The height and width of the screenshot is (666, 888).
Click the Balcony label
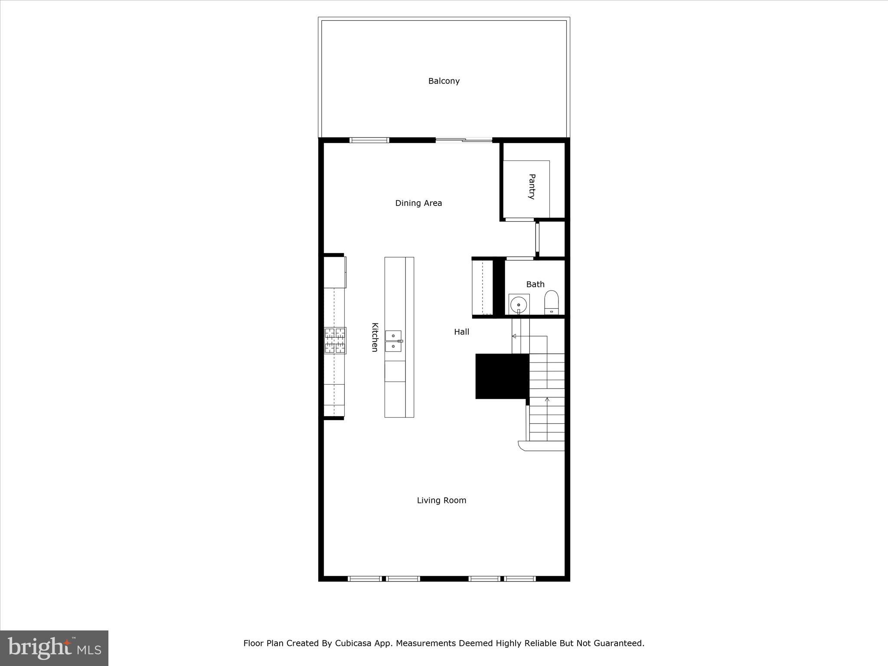(444, 81)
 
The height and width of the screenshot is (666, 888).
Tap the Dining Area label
(418, 203)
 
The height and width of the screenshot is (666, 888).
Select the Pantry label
(532, 186)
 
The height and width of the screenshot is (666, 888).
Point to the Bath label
(535, 284)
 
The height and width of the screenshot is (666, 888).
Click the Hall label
(461, 332)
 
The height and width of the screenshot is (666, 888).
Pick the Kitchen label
(375, 337)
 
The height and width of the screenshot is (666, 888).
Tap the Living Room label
(441, 500)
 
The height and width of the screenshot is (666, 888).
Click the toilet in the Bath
(551, 302)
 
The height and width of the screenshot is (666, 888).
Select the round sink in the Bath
(519, 305)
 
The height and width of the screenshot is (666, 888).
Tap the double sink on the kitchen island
(393, 341)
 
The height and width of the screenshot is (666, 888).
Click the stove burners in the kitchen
(335, 340)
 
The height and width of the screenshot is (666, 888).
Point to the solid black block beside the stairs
(502, 376)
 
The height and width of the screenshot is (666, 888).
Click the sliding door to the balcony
(464, 140)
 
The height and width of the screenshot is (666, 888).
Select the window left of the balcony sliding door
(369, 140)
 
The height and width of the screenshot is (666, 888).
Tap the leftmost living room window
(364, 578)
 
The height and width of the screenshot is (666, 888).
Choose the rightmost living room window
(520, 578)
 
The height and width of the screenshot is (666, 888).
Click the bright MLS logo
(54, 648)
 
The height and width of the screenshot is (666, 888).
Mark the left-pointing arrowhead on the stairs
(514, 336)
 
